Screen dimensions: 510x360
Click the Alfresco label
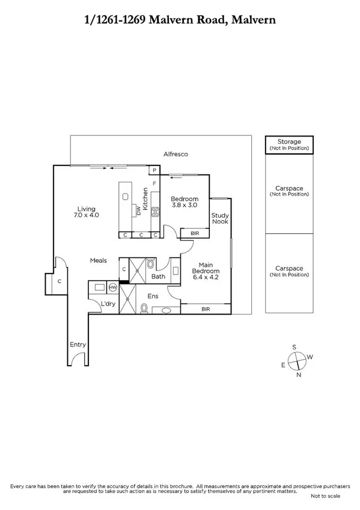point(175,155)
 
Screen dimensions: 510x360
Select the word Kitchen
point(145,198)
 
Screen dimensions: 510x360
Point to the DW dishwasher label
point(139,210)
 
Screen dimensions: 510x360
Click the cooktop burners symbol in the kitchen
point(154,211)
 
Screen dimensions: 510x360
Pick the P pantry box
point(154,171)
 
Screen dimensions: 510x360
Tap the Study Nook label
point(220,218)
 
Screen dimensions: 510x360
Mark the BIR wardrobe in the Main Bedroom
point(206,309)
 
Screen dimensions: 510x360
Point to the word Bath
point(158,277)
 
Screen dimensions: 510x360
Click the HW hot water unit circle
point(112,287)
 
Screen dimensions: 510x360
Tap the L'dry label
point(108,304)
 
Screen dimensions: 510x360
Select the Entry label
point(78,345)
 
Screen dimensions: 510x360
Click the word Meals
point(99,260)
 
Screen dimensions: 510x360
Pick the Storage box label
point(289,142)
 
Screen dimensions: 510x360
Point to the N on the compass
point(299,375)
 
